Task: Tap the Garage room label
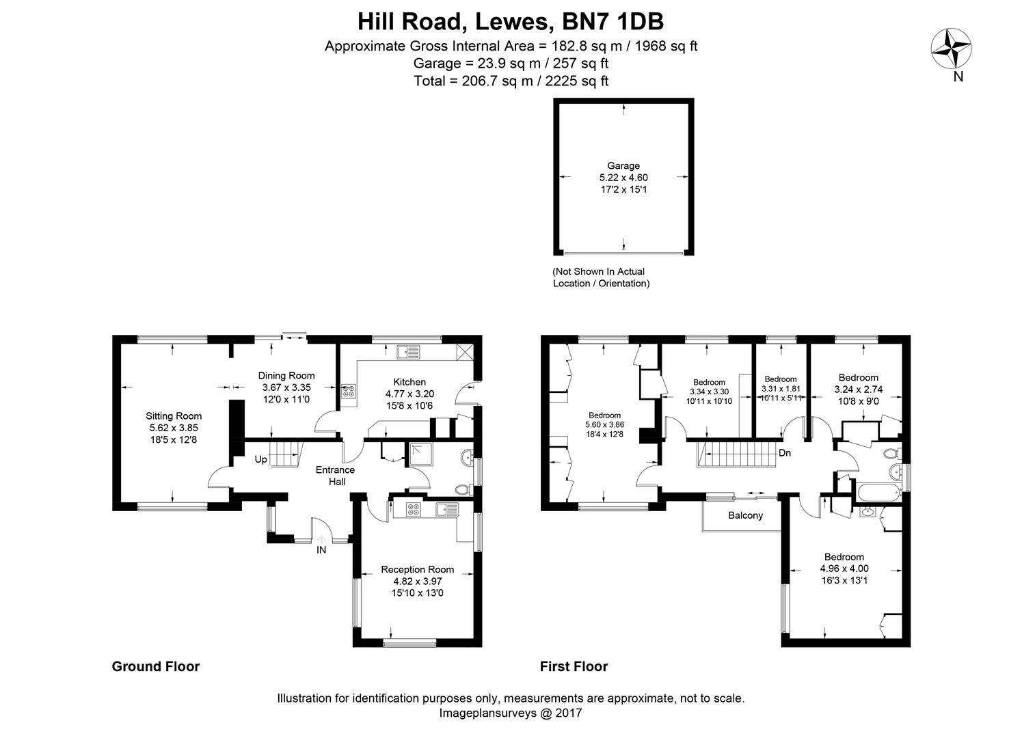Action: coord(623,166)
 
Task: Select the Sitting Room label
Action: coord(174,416)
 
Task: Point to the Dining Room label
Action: coord(286,376)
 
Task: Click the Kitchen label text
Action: coord(409,382)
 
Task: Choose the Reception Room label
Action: coord(417,570)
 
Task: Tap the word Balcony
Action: coord(745,515)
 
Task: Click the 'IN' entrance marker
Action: coord(321,550)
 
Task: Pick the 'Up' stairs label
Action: coord(260,459)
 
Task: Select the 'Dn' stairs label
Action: coord(784,453)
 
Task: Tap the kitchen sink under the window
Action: coord(408,352)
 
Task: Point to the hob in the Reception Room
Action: coord(413,509)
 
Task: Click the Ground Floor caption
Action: coord(156,666)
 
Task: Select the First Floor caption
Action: coord(574,666)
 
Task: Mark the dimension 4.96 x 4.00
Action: coord(844,569)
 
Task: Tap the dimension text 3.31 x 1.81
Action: coord(780,389)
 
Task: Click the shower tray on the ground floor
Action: coord(420,454)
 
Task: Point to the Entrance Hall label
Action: coord(336,476)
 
